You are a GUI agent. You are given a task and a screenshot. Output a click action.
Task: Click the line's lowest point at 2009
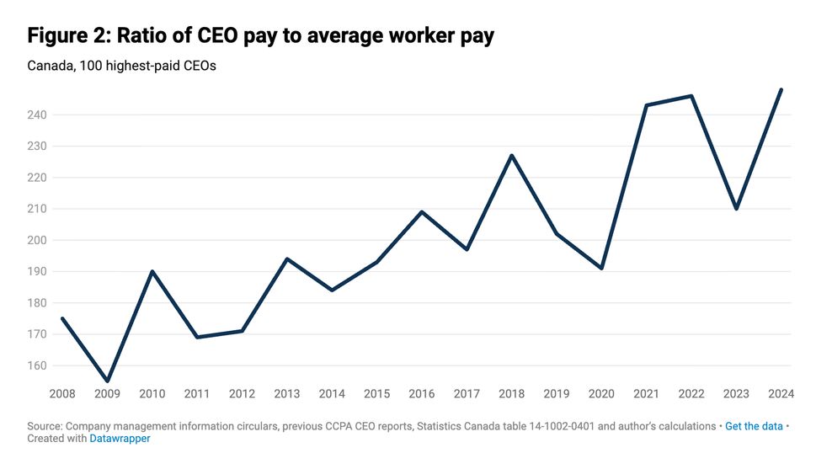107,381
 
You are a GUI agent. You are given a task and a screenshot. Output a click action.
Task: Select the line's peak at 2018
511,156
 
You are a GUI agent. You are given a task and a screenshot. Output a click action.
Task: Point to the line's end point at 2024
781,90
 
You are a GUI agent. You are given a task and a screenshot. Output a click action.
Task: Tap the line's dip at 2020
601,268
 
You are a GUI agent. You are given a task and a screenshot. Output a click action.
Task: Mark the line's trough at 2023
736,208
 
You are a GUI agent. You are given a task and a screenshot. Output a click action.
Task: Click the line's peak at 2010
152,271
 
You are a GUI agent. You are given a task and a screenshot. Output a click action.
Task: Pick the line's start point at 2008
62,318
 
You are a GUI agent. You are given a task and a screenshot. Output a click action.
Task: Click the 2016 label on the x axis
421,393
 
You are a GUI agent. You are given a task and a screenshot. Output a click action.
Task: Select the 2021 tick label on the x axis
646,393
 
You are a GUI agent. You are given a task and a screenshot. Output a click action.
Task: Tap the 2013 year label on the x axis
286,393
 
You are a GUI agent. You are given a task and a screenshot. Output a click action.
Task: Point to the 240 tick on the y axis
38,115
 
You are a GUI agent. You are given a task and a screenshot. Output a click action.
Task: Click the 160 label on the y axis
38,365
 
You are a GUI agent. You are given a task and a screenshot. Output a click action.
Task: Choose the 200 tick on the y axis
38,240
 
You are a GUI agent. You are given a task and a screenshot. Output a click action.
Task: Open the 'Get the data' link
754,426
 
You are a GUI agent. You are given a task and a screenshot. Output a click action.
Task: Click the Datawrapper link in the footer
120,439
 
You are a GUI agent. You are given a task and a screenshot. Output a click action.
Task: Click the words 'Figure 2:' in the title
67,36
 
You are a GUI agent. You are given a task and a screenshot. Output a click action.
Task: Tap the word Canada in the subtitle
50,66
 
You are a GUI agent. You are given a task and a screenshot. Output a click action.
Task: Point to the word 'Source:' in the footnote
45,426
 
